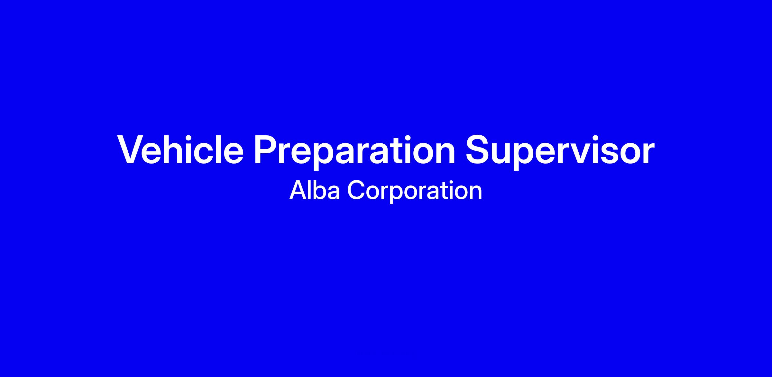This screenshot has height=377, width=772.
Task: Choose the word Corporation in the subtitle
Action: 415,192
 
